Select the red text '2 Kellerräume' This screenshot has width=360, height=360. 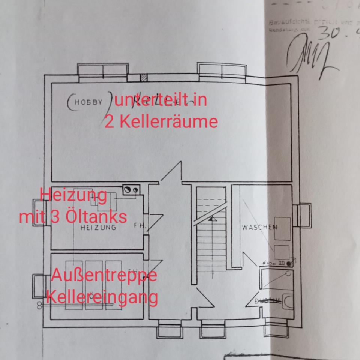click(161, 122)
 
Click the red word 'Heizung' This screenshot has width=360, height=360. click(73, 195)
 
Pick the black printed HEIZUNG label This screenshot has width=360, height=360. click(99, 227)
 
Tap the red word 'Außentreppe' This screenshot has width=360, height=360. click(104, 276)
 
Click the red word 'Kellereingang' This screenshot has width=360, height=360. click(102, 297)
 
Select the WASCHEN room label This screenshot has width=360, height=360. click(259, 227)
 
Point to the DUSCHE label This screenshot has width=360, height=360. click(268, 300)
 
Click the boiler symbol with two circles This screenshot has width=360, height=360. click(131, 190)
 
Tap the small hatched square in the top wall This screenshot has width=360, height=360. click(143, 78)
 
